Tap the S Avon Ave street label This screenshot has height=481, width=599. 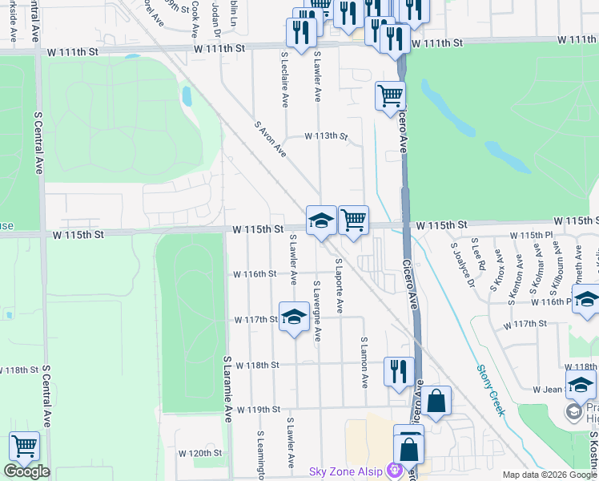(270, 137)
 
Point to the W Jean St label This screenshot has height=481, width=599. (551, 389)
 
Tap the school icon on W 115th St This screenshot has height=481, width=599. (321, 220)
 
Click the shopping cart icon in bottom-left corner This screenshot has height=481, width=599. (24, 447)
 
